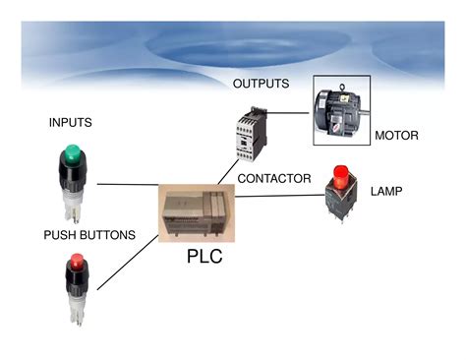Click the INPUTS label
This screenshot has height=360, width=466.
coord(70,123)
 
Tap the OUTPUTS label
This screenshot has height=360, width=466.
coord(261,84)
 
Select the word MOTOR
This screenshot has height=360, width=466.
coord(396,136)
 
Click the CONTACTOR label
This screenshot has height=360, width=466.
coord(274,179)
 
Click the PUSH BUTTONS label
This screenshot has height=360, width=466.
coord(89,236)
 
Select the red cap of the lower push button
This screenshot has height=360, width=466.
coord(76,264)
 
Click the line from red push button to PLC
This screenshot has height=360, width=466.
coord(128,256)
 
